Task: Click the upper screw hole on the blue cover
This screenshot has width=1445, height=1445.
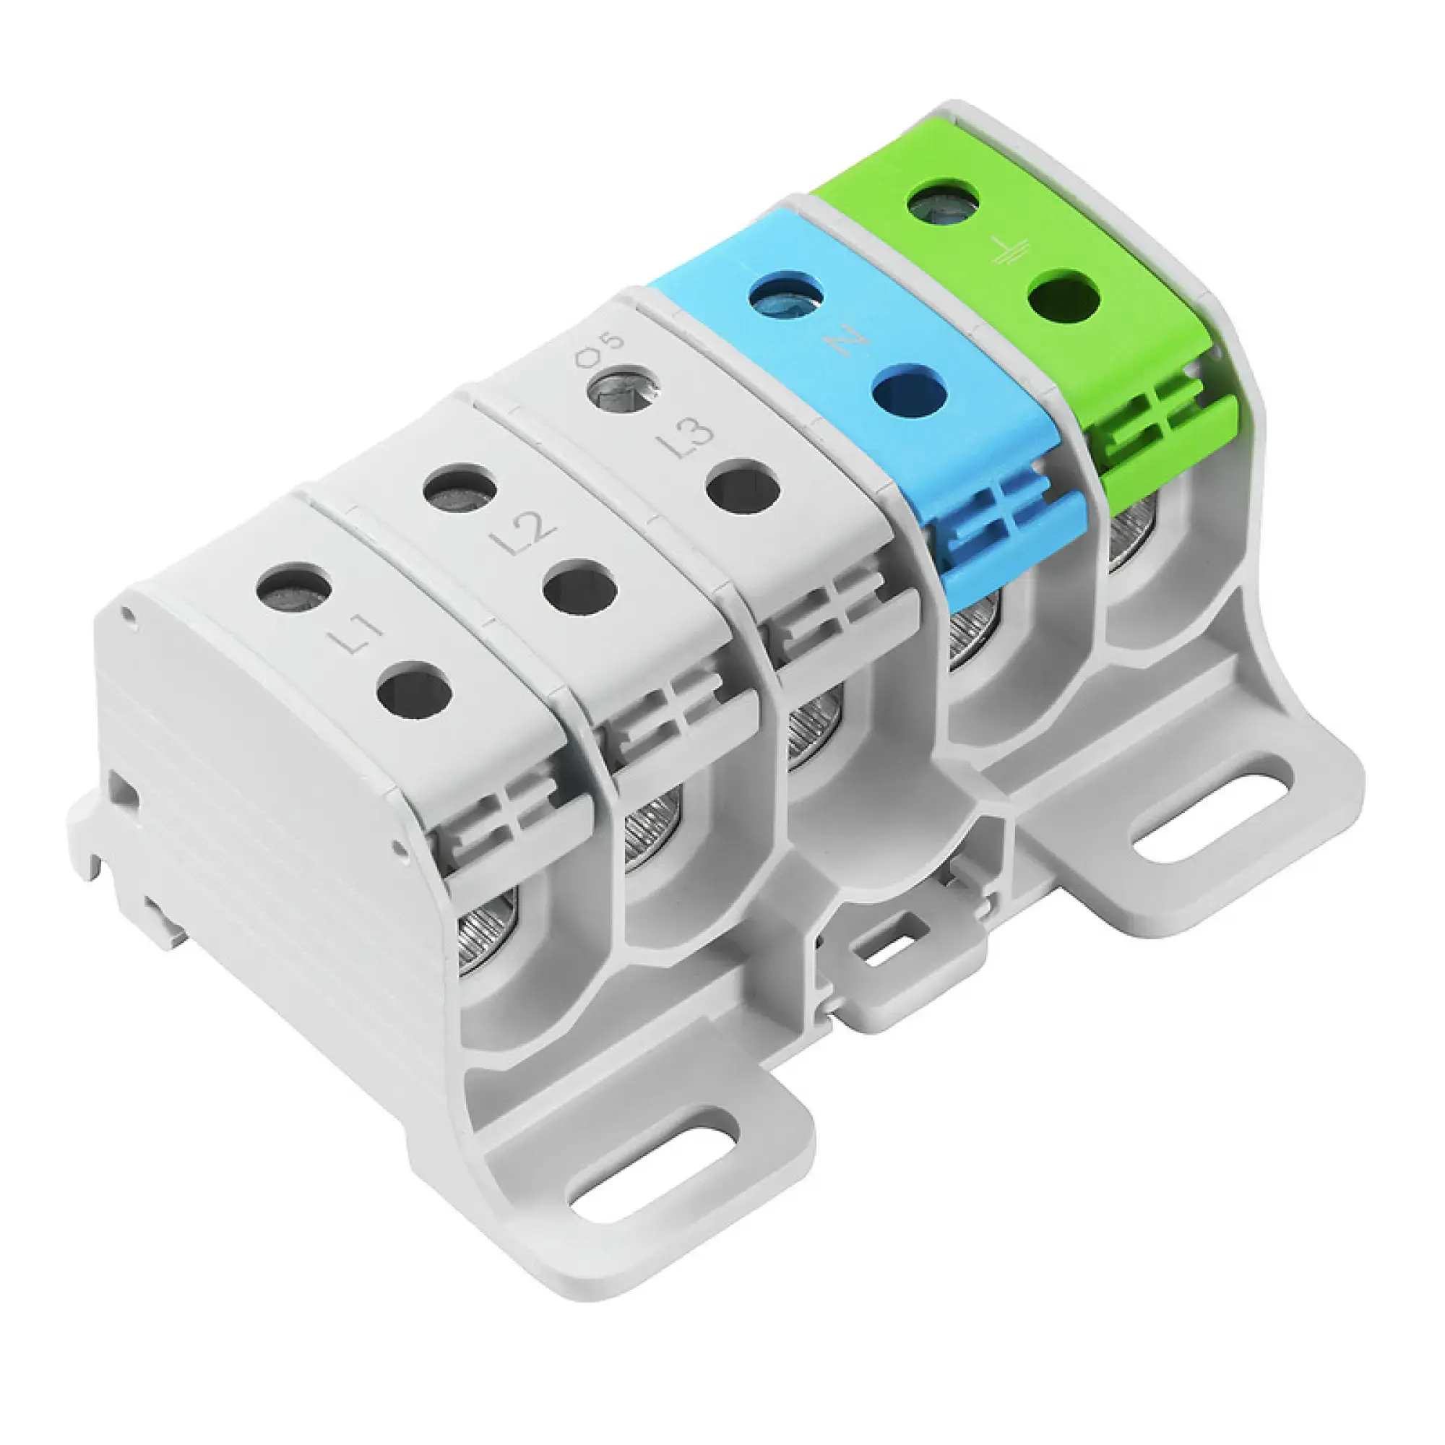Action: (x=786, y=298)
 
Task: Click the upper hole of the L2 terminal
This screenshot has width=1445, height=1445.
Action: (x=460, y=491)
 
